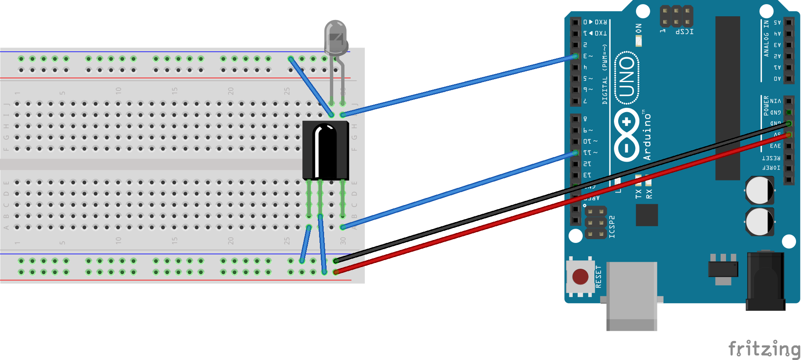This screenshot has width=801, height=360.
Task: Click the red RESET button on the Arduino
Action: tap(580, 276)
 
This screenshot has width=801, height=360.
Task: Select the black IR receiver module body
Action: tap(325, 150)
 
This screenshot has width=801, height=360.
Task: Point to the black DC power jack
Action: tap(766, 281)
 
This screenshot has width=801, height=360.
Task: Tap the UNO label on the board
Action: tap(627, 77)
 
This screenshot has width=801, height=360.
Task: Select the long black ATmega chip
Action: tap(728, 98)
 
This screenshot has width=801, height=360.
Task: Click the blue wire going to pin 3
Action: tap(458, 85)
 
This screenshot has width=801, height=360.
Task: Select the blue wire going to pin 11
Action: tap(458, 190)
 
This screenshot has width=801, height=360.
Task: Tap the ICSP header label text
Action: tap(684, 32)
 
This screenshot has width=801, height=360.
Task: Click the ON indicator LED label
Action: tap(639, 28)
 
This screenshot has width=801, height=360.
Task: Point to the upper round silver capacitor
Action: tap(759, 190)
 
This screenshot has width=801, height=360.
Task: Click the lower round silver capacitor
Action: tap(759, 221)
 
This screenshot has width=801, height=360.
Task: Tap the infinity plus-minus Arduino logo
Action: tap(626, 135)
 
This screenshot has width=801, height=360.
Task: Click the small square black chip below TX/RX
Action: tap(647, 215)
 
